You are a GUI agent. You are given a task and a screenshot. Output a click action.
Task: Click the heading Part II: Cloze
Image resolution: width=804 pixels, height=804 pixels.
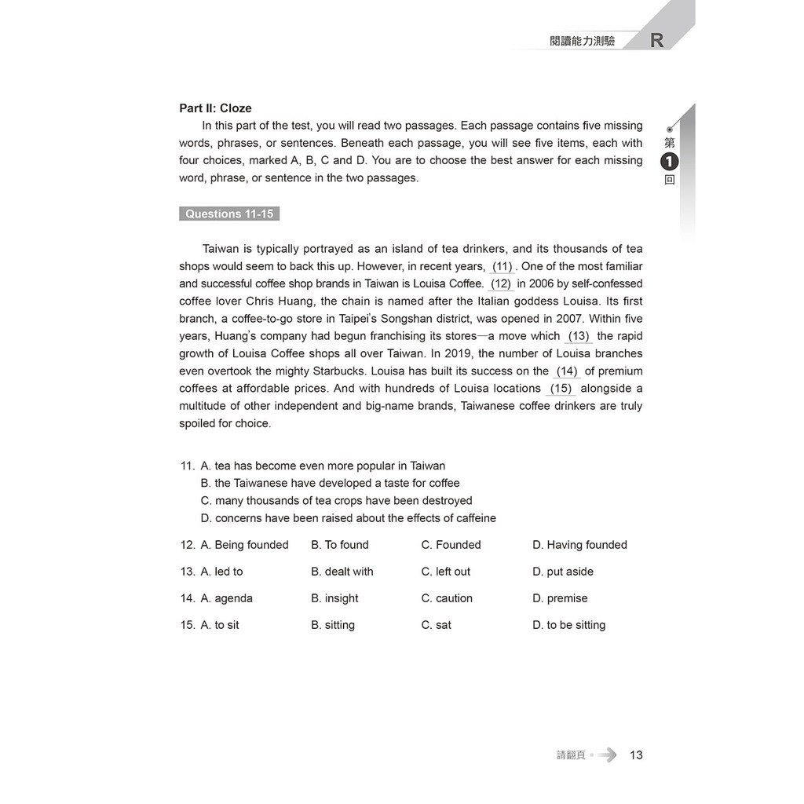click(x=215, y=108)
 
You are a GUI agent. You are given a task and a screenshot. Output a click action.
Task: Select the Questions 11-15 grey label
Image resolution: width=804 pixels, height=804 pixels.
click(x=228, y=214)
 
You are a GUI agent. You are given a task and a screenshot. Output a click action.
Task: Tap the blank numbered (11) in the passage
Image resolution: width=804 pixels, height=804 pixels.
click(x=502, y=266)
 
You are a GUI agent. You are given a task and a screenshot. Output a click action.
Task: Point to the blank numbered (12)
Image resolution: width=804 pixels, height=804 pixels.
click(x=501, y=283)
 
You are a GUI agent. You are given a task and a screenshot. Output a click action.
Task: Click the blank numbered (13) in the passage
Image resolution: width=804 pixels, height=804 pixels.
click(x=579, y=336)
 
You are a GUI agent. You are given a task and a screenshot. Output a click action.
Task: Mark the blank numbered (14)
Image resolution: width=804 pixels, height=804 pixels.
click(x=567, y=371)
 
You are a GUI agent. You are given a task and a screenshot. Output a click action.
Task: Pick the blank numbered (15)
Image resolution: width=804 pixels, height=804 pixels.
click(x=561, y=388)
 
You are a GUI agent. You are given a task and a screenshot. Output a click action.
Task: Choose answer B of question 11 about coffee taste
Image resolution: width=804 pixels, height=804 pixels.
click(x=330, y=483)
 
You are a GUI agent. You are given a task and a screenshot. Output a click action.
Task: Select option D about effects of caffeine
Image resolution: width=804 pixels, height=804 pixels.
click(x=348, y=517)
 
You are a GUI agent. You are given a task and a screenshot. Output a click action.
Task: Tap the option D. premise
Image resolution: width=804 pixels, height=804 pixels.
click(x=560, y=598)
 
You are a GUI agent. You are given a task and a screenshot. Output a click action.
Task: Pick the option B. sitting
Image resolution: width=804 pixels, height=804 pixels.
click(x=333, y=624)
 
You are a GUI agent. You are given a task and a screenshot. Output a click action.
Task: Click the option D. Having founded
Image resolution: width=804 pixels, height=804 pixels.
click(x=579, y=544)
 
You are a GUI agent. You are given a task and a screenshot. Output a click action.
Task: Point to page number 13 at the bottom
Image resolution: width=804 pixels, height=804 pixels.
click(x=636, y=755)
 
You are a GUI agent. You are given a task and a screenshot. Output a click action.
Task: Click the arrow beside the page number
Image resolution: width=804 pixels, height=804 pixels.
click(x=606, y=755)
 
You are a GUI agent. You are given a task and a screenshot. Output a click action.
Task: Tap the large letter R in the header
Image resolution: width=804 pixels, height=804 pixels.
click(x=657, y=41)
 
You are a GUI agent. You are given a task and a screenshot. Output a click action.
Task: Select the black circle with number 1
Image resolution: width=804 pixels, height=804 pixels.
click(x=669, y=162)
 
